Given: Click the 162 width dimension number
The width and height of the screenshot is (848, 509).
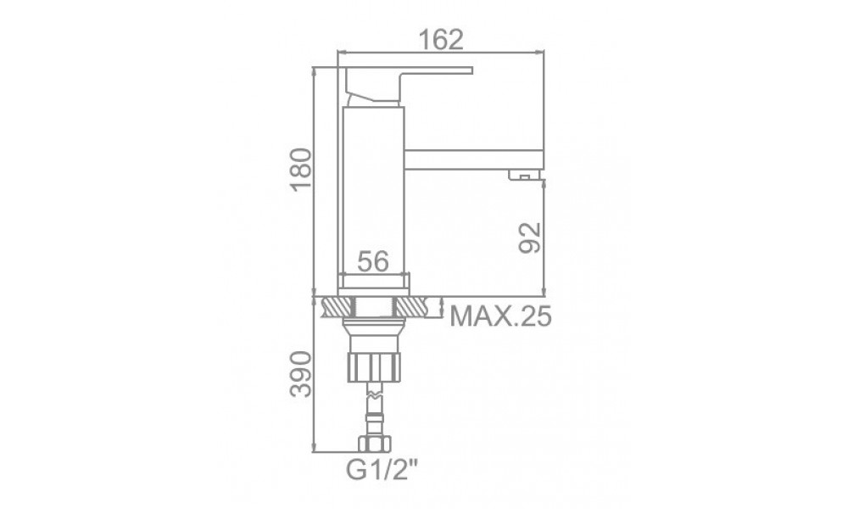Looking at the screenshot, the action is [441, 39].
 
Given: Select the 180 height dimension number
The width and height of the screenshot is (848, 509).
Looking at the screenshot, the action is [301, 170].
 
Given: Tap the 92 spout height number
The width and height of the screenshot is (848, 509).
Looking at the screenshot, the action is [529, 238].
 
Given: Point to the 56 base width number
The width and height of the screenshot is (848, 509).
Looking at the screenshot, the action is [373, 262].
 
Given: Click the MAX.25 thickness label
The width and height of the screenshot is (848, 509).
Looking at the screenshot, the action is [501, 316].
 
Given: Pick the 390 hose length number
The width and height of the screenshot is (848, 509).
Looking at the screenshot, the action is [301, 374].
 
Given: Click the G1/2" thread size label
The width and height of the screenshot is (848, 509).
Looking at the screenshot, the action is [382, 469].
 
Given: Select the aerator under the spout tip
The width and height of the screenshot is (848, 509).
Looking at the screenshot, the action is [524, 174].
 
